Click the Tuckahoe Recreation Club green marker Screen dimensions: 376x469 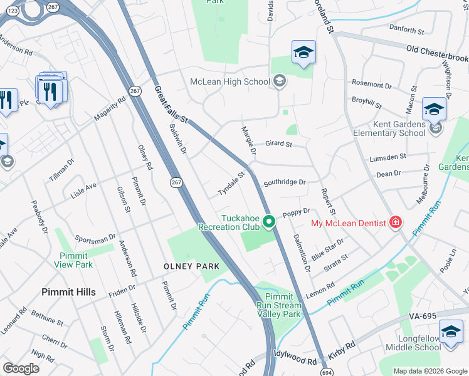[269, 222]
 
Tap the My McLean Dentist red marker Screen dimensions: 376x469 [395, 222]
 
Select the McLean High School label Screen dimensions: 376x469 [230, 81]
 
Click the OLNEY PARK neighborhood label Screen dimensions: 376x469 [192, 266]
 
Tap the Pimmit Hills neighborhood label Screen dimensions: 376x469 [68, 292]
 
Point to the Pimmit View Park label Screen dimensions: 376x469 [76, 259]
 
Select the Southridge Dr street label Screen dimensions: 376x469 [284, 183]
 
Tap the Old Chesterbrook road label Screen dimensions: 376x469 [437, 53]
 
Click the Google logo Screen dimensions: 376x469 [21, 368]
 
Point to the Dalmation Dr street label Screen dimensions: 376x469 [301, 252]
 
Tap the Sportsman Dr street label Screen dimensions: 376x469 [95, 238]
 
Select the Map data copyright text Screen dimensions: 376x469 [430, 371]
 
